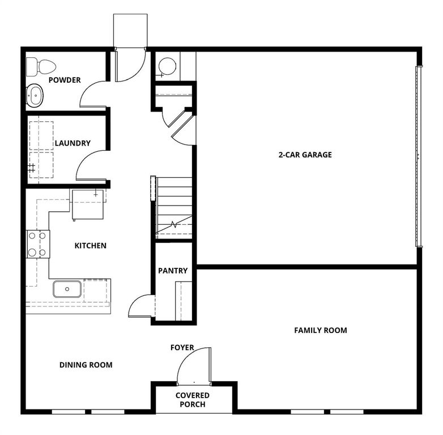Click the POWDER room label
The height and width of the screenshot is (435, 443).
(64, 80)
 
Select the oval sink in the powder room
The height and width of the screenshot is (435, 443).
(35, 96)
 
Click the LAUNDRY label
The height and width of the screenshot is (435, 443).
(72, 143)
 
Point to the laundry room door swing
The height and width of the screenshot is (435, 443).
(91, 165)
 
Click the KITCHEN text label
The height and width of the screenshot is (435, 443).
(91, 246)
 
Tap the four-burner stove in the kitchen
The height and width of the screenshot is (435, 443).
(38, 244)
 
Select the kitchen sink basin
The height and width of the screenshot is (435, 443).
(67, 289)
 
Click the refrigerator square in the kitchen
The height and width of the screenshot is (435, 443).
(87, 204)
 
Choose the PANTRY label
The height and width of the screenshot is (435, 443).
(173, 271)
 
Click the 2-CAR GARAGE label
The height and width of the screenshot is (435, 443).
(305, 155)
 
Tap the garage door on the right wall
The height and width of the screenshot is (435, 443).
(419, 156)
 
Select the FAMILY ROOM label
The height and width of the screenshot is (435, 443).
(320, 330)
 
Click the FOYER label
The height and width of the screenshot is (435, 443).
(182, 347)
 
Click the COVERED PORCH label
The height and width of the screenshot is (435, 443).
(193, 399)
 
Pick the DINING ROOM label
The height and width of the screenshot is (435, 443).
(86, 365)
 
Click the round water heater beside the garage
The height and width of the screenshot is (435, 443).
(167, 67)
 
